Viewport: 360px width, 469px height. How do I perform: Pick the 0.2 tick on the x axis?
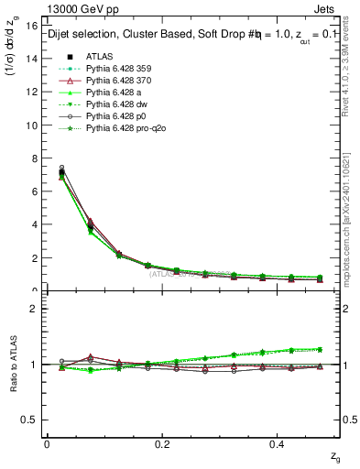pyautogui.click(x=163, y=442)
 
